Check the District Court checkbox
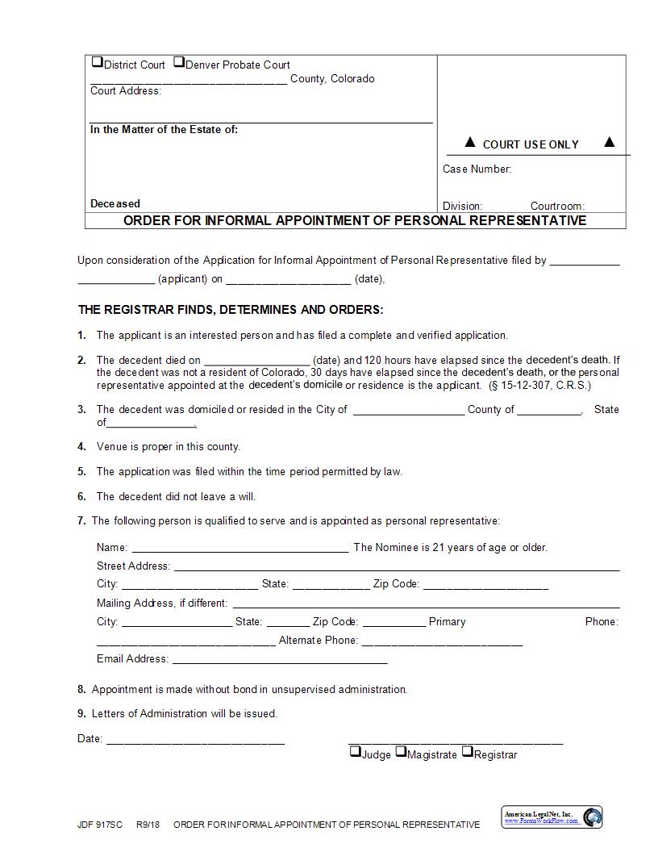[97, 62]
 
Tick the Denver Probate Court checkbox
[179, 62]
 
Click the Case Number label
[477, 169]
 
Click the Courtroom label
[557, 207]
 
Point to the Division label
[462, 207]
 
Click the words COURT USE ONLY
[530, 144]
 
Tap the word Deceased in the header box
[115, 204]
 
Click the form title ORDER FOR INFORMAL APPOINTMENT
[355, 220]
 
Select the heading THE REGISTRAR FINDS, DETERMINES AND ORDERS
[231, 310]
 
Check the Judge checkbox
[355, 752]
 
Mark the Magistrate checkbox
[400, 752]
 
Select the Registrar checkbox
[467, 752]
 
